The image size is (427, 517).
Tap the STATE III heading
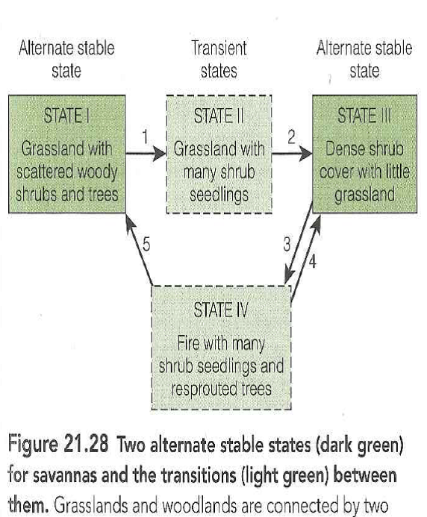tap(364, 116)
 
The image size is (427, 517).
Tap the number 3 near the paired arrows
tap(286, 244)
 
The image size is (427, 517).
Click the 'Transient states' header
tap(219, 60)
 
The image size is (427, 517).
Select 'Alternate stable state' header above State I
tap(66, 60)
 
